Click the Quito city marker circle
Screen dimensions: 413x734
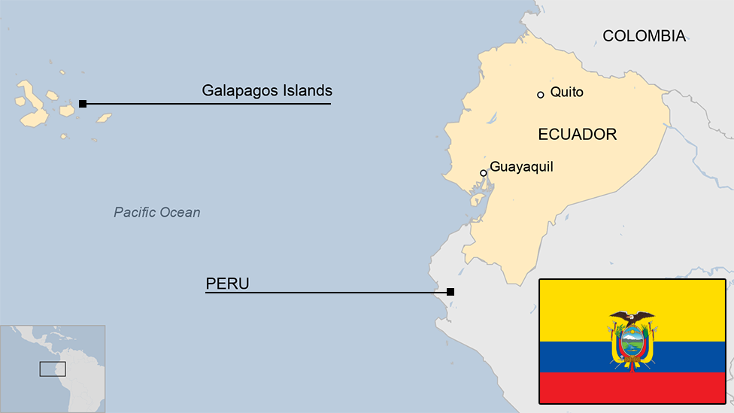tap(540, 95)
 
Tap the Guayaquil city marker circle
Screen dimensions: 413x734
tap(484, 173)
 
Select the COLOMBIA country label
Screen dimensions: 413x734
tap(644, 35)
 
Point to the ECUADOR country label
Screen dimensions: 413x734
tap(577, 135)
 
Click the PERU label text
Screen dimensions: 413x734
tap(227, 284)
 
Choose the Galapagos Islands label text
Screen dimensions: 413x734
tap(266, 91)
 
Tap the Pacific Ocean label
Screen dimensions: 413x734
tap(157, 212)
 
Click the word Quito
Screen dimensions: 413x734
tap(566, 93)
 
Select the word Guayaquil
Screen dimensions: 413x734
tap(521, 167)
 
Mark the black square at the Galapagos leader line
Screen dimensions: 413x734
tap(83, 103)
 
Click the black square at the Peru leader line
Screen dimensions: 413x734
tap(450, 292)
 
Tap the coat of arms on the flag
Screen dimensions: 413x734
tap(632, 342)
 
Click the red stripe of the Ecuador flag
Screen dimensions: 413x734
tap(632, 387)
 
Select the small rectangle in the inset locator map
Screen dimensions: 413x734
tap(53, 369)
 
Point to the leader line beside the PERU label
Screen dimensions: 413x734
tap(338, 292)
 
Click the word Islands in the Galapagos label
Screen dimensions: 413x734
tap(304, 91)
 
